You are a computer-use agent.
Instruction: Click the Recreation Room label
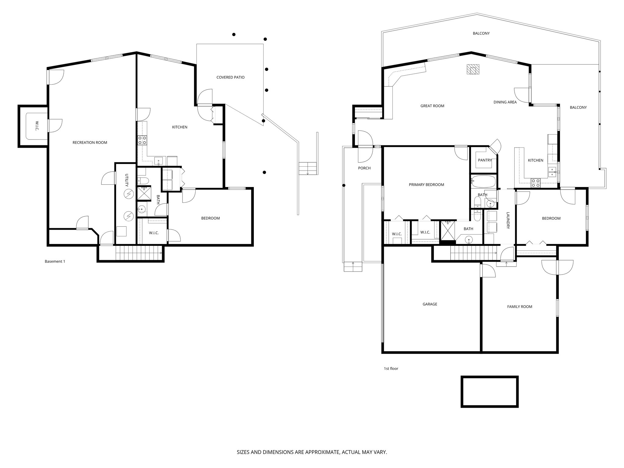[x=90, y=143]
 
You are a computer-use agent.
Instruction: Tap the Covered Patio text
[x=230, y=77]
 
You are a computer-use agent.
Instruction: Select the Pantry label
[x=485, y=160]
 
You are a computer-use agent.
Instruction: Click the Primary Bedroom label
[x=426, y=185]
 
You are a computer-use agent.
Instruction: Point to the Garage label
[x=430, y=304]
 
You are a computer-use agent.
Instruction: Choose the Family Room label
[x=519, y=307]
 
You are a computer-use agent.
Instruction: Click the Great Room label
[x=432, y=106]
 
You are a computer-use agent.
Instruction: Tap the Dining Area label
[x=505, y=102]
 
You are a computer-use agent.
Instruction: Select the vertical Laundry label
[x=508, y=221]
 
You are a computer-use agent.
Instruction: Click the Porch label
[x=364, y=168]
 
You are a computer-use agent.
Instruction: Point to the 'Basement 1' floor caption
[x=55, y=261]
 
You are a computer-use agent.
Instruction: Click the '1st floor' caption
[x=391, y=369]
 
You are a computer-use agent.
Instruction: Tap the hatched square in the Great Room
[x=473, y=69]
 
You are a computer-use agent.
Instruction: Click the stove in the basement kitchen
[x=142, y=140]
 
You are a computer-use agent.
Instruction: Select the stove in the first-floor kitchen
[x=536, y=183]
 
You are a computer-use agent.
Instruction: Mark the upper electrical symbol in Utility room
[x=128, y=193]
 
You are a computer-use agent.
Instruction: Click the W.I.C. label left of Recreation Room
[x=36, y=126]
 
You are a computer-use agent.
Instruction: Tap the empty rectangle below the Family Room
[x=489, y=392]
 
